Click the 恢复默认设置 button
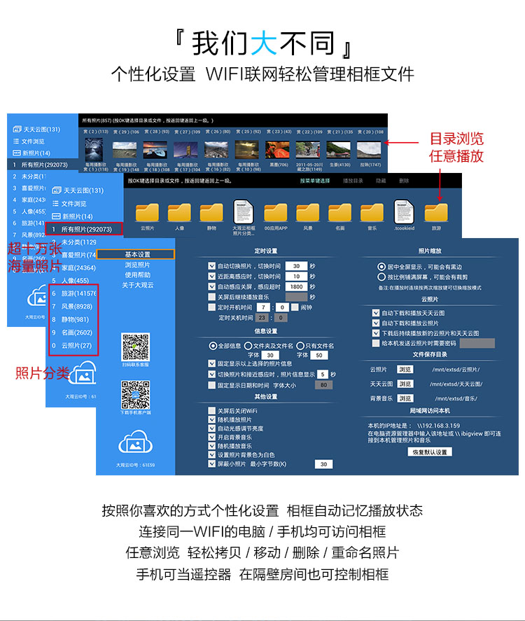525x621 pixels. point(429,452)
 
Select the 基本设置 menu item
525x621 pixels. point(137,255)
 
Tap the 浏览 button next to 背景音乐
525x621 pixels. point(405,398)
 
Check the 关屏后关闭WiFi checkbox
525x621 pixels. point(212,410)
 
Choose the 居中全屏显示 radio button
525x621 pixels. point(381,267)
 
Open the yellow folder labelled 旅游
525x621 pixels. point(436,213)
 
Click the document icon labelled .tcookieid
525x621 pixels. point(404,211)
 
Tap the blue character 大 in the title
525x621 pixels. point(263,43)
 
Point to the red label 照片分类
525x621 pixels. point(41,374)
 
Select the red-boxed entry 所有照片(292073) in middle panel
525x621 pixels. point(83,229)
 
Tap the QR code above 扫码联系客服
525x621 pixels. point(135,347)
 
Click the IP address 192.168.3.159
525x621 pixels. point(438,426)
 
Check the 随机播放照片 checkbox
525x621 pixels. point(212,419)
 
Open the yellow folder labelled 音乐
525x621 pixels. point(372,213)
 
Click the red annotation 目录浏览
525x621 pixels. point(456,139)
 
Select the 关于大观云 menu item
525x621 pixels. point(137,284)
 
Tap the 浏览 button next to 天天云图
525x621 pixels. point(405,384)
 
